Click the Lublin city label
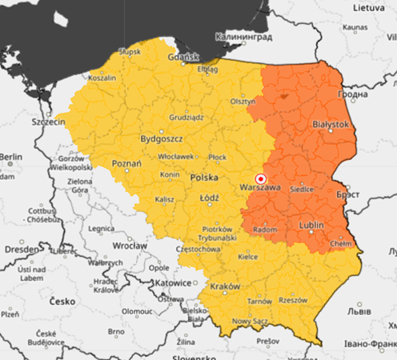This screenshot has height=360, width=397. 311,226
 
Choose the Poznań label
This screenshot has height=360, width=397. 126,162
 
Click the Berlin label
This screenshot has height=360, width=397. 11,156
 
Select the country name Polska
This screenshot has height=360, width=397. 207,176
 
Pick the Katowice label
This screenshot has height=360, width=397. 172,282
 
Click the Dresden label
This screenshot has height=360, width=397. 18,248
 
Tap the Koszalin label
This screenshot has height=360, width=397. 102,78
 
